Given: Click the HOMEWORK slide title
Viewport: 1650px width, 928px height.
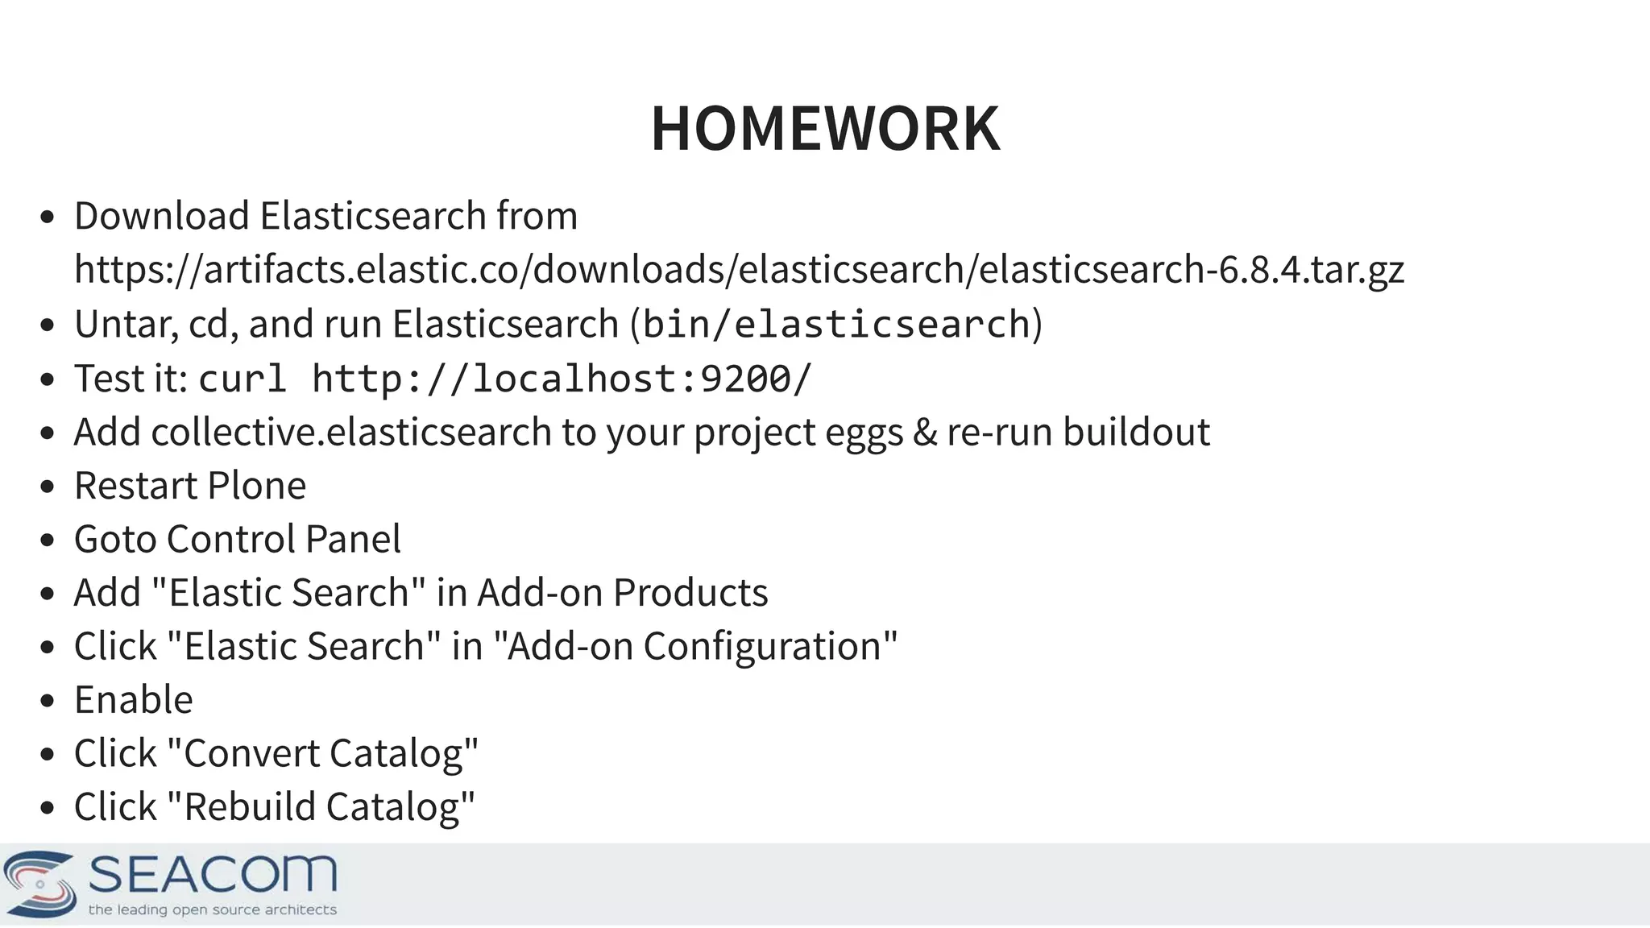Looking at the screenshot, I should tap(825, 129).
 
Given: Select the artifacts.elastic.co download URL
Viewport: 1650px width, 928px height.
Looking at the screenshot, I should tap(739, 269).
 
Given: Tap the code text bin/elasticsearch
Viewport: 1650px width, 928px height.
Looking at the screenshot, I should tap(836, 324).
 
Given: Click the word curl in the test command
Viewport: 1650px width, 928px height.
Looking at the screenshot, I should tap(243, 379).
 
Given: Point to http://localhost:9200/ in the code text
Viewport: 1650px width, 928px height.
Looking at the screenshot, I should tap(562, 379).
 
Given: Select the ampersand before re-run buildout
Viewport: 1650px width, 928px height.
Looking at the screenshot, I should tap(925, 432).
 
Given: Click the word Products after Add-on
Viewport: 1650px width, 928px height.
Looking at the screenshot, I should tap(690, 593).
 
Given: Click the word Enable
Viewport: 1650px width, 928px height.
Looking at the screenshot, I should tap(134, 699).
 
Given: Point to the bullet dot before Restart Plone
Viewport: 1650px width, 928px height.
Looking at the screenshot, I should tap(47, 487).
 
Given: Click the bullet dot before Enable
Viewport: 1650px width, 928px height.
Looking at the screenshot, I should tap(47, 701).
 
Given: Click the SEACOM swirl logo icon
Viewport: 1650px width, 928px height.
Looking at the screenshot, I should tap(40, 884).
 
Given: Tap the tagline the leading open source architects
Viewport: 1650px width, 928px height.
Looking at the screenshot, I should tap(212, 910).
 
